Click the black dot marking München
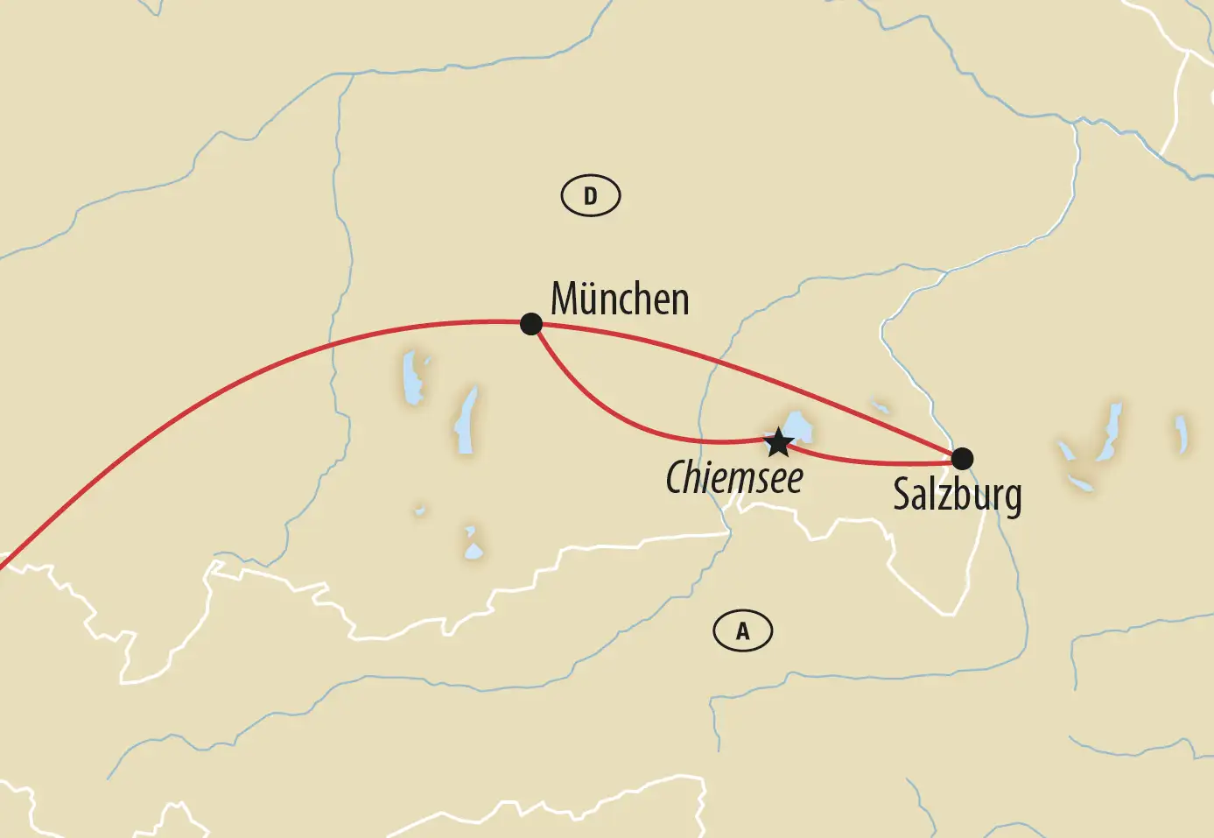click(x=531, y=324)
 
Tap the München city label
click(x=620, y=299)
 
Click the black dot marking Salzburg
click(x=962, y=458)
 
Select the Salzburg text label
click(x=957, y=496)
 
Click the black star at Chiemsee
click(x=778, y=442)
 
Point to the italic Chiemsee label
click(x=733, y=479)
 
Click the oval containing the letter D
click(x=590, y=196)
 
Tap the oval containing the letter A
click(x=742, y=630)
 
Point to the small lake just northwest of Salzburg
click(x=881, y=407)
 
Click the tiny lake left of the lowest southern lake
click(x=420, y=510)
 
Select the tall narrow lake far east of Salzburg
click(x=1111, y=431)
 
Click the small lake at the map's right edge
click(x=1181, y=434)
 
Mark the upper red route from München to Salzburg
click(x=744, y=369)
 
